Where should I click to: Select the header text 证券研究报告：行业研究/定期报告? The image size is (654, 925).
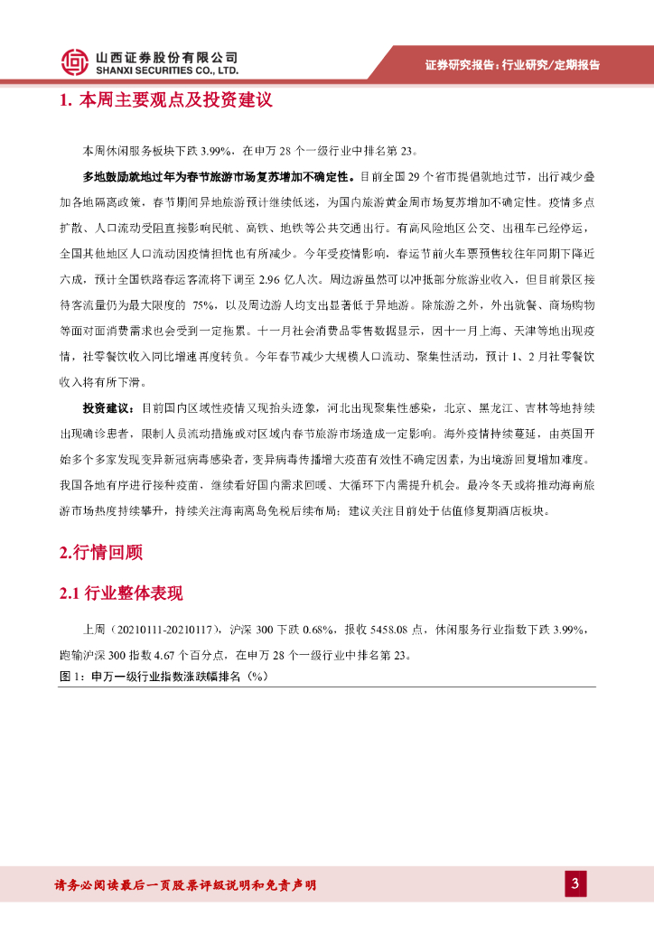pyautogui.click(x=512, y=65)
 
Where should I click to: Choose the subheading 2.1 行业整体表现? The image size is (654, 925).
pyautogui.click(x=121, y=593)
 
